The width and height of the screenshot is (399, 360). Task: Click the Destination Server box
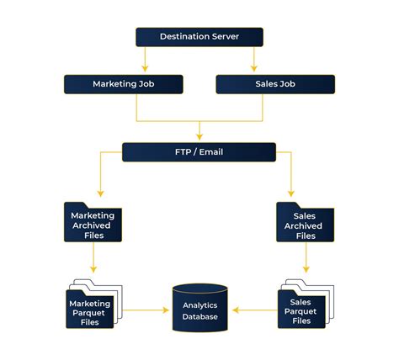coord(199,36)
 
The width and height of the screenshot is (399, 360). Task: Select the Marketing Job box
coord(123,84)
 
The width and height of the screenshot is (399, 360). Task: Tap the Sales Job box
coord(275,84)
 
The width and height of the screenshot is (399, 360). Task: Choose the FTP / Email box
coord(199,152)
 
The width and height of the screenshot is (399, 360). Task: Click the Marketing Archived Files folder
coord(93,224)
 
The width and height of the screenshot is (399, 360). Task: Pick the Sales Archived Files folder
coord(305,225)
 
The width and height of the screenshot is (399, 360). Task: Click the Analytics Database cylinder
coord(199,308)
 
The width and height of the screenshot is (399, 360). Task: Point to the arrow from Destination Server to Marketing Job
coord(145,59)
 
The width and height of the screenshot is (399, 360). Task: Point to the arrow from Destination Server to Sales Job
coord(253,59)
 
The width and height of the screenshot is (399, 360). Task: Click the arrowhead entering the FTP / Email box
coord(199,135)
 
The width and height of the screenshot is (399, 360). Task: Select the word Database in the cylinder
coord(199,316)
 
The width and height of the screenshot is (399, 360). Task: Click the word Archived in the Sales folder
coord(305,225)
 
